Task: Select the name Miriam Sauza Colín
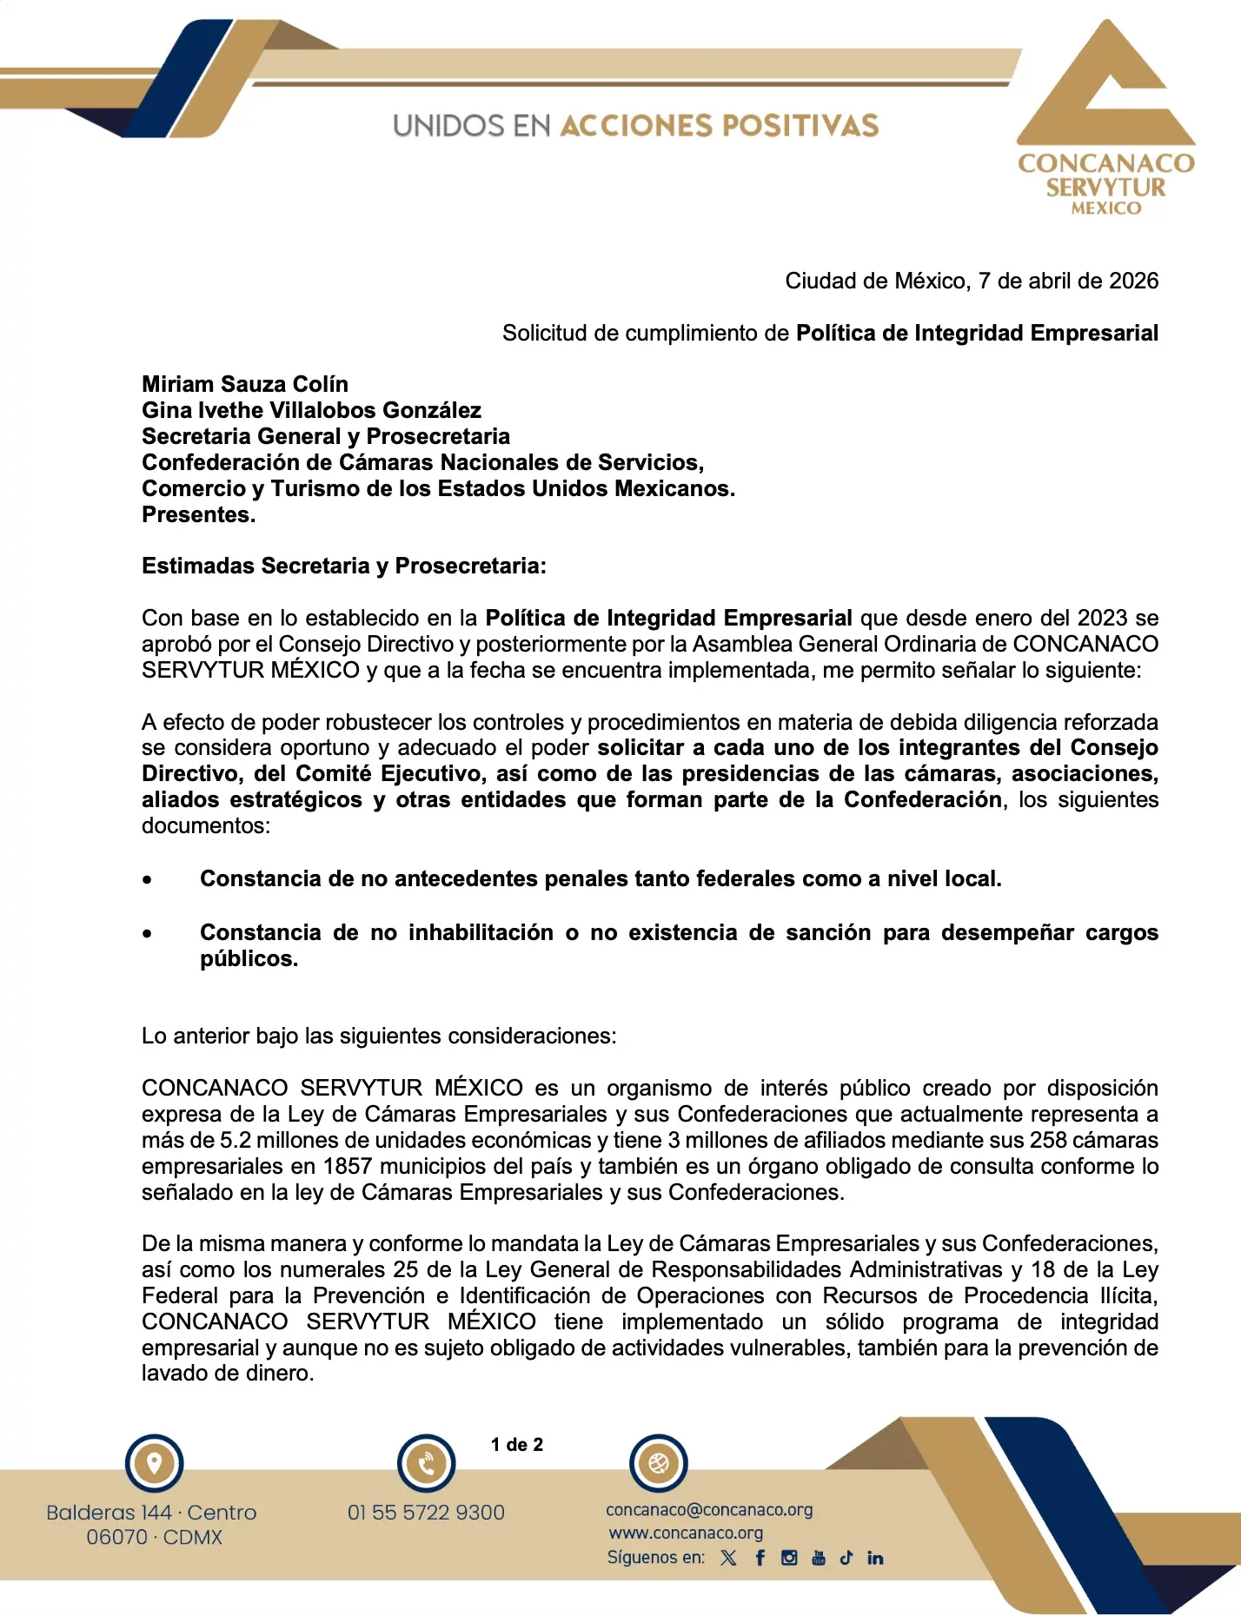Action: (x=245, y=384)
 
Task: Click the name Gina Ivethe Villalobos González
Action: (x=311, y=410)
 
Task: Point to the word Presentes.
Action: (x=198, y=514)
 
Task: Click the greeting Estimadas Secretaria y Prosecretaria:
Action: (x=344, y=566)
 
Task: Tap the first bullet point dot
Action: (x=148, y=880)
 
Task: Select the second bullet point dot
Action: (x=148, y=934)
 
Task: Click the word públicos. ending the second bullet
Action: (x=249, y=958)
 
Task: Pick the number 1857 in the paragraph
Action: (x=348, y=1166)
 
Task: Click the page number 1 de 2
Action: (x=517, y=1444)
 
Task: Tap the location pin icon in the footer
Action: (x=155, y=1463)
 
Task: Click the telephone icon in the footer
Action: (x=427, y=1464)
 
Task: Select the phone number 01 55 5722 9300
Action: (x=426, y=1513)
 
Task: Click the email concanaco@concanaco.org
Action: (x=709, y=1510)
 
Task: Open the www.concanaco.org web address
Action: (x=686, y=1533)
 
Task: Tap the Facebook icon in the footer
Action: (x=760, y=1558)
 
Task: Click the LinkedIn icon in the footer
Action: (x=875, y=1558)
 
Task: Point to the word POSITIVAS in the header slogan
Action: (x=800, y=125)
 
